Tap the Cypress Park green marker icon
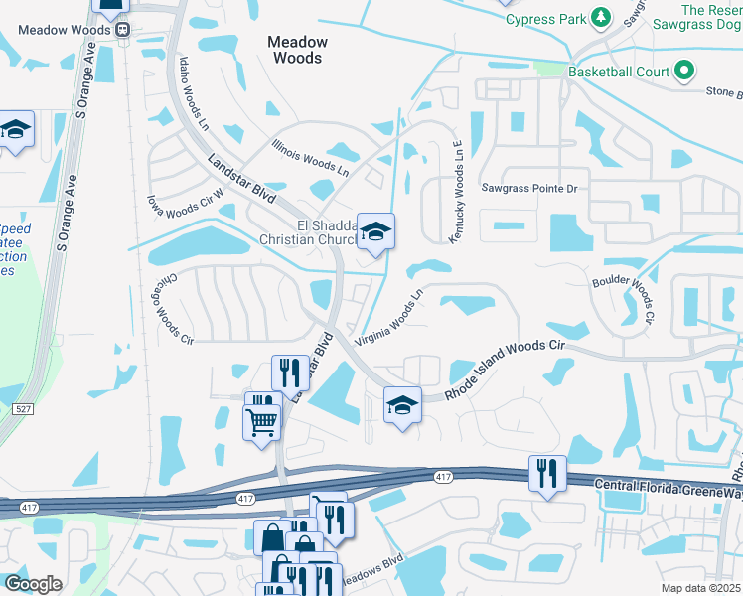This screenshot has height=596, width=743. click(x=600, y=18)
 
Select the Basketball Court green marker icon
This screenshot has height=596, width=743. click(x=683, y=72)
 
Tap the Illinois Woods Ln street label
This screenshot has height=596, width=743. click(x=311, y=156)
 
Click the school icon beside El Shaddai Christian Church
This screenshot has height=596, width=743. click(x=375, y=232)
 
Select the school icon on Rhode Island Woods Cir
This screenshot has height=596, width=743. click(x=402, y=405)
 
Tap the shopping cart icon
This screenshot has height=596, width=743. click(x=262, y=421)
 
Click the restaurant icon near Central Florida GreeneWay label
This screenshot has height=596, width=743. click(x=546, y=474)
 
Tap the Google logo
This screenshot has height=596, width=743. click(x=34, y=583)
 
